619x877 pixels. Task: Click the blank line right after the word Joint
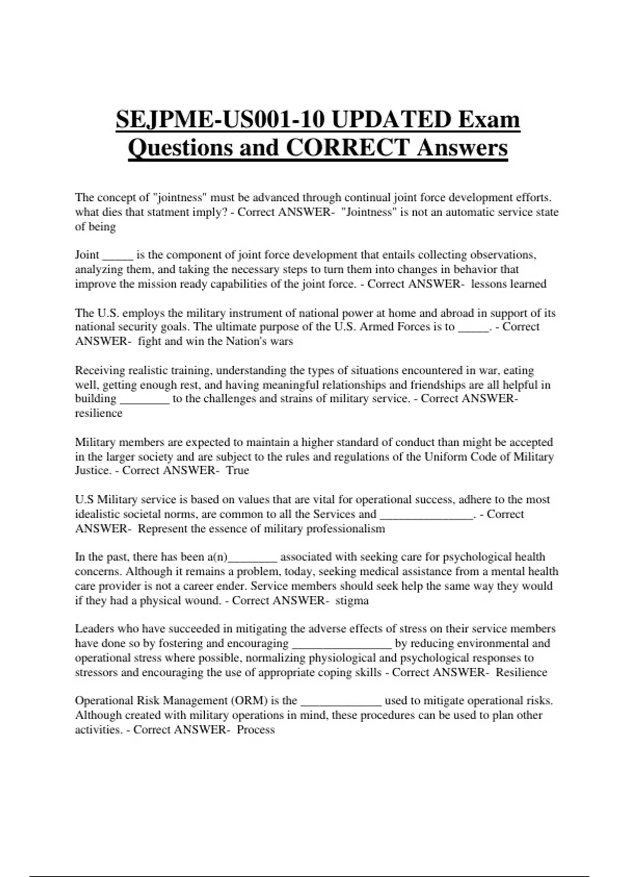(118, 257)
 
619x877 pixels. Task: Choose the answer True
(237, 470)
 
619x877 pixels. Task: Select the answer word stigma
(352, 600)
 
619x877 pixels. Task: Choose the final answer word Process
(256, 729)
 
